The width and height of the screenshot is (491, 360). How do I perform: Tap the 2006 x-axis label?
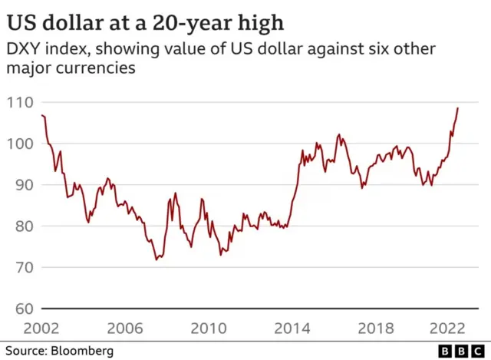tap(126, 328)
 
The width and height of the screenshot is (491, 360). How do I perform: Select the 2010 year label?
tap(207, 328)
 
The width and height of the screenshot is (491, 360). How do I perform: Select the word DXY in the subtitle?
tap(23, 50)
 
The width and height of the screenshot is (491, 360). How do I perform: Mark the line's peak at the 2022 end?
tap(458, 108)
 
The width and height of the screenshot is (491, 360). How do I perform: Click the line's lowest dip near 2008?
tap(157, 259)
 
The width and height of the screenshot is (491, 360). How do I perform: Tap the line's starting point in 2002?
tap(41, 115)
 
